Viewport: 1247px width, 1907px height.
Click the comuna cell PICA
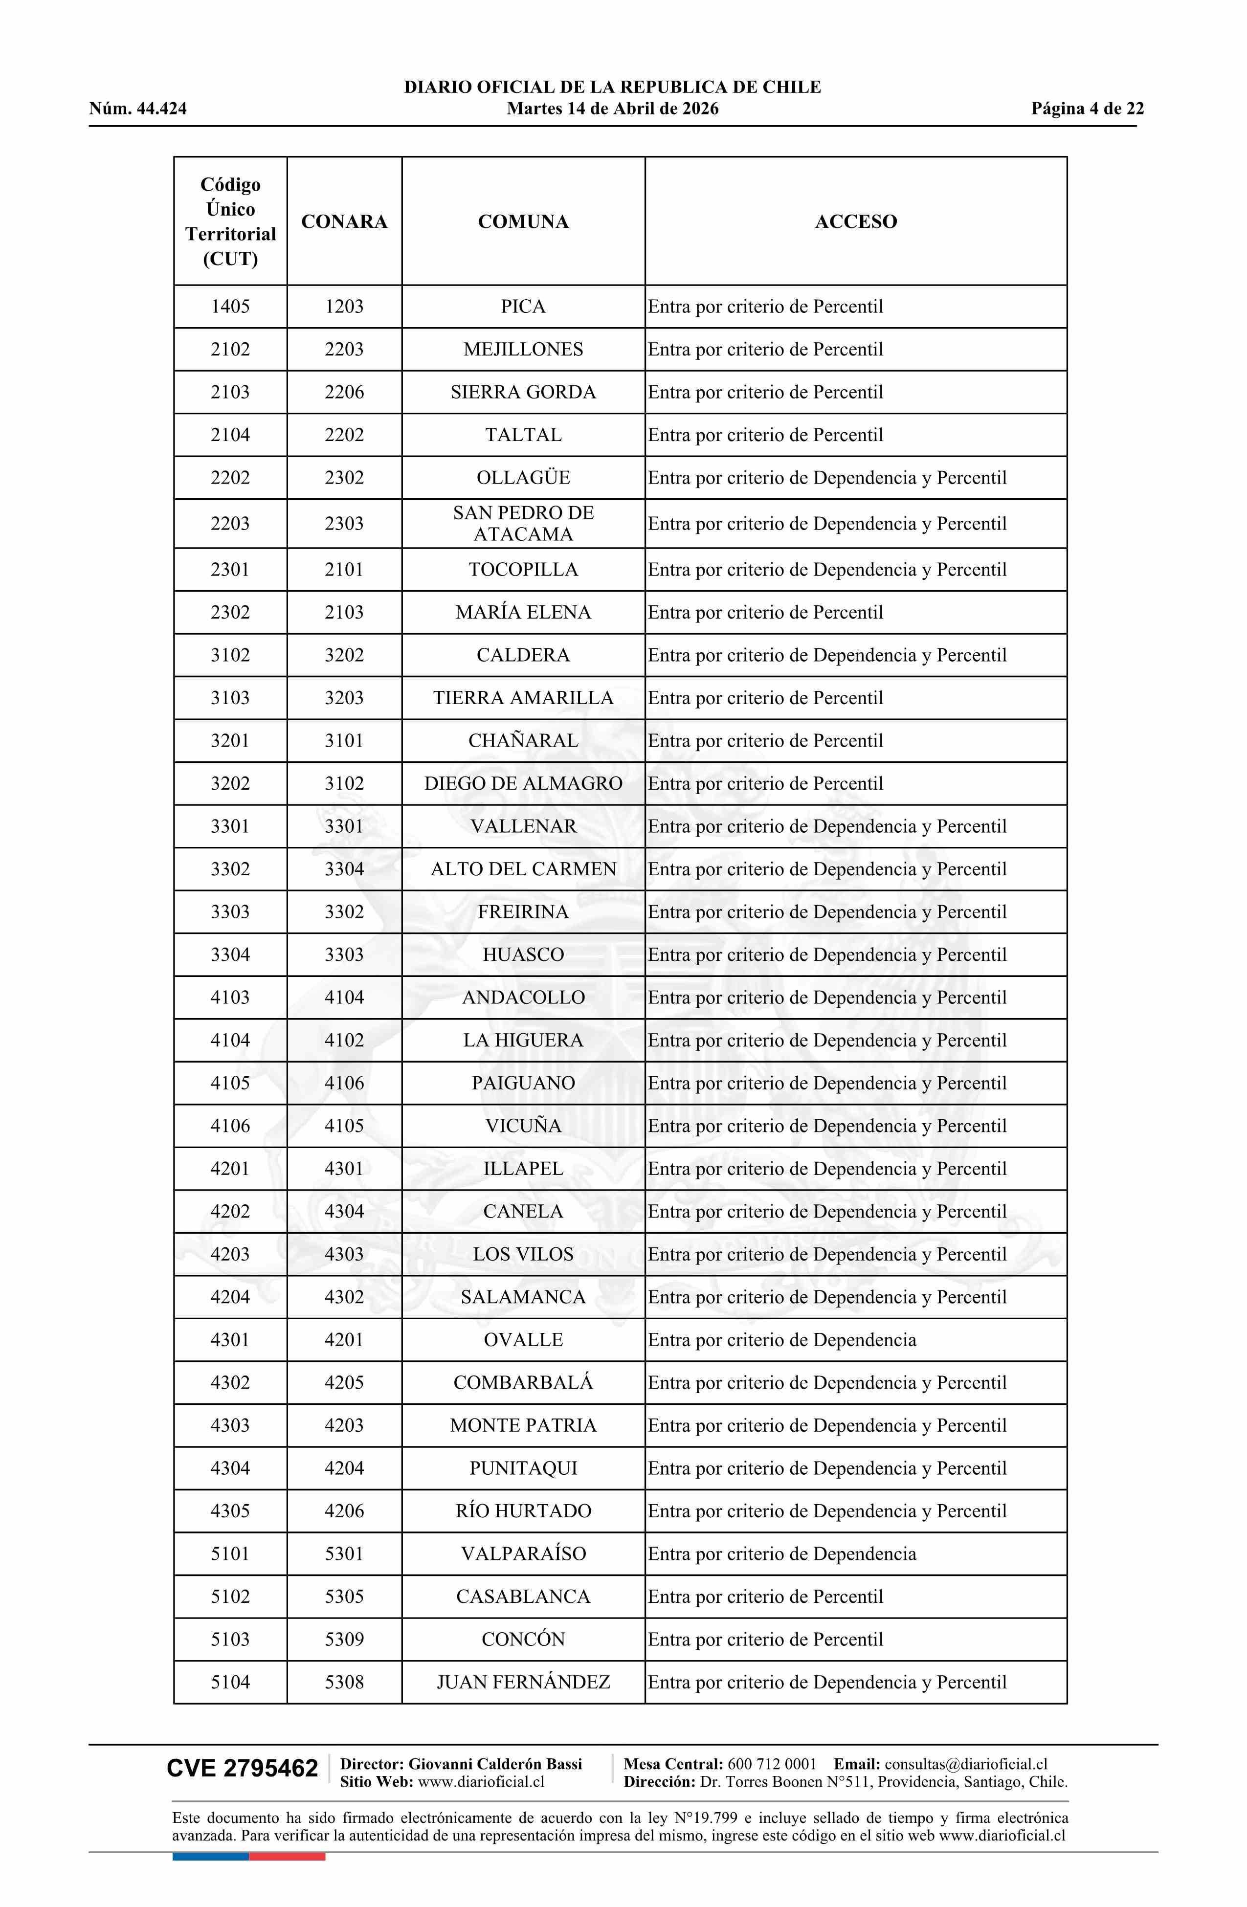point(523,306)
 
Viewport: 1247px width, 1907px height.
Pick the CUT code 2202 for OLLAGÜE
point(230,478)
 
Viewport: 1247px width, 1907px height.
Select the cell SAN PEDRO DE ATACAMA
point(523,523)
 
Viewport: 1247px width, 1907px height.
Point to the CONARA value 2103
point(344,612)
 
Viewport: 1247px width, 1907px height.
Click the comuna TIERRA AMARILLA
point(523,698)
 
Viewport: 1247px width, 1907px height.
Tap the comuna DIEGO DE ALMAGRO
point(523,784)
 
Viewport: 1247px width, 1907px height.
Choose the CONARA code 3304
point(344,869)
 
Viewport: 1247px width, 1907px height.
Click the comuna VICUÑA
point(523,1126)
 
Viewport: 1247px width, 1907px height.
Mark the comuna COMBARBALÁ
point(523,1382)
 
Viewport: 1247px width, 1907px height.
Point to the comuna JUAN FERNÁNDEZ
point(523,1682)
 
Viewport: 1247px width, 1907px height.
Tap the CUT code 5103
point(230,1640)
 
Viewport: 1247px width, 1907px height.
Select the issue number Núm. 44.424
point(138,109)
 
